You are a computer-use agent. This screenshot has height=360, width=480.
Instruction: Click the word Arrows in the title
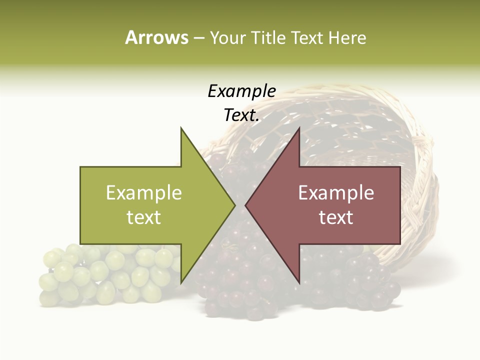[156, 37]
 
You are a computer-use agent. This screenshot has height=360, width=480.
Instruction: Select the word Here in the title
[347, 38]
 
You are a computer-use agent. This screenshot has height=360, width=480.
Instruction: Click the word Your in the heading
[227, 38]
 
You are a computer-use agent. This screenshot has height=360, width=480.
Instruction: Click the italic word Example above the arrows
[241, 91]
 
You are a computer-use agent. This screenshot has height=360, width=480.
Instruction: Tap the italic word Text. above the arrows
[241, 115]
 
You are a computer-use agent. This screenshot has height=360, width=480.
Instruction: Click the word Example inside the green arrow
[144, 193]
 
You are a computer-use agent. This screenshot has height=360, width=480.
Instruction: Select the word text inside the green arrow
[144, 217]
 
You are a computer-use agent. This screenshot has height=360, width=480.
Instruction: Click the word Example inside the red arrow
[336, 193]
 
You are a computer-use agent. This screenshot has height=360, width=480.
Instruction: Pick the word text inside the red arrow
[336, 217]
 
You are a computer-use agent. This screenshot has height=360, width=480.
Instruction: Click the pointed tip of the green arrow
[234, 205]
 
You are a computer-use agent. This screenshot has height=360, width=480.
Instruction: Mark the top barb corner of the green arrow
[181, 128]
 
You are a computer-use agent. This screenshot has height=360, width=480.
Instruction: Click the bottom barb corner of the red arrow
[299, 283]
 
